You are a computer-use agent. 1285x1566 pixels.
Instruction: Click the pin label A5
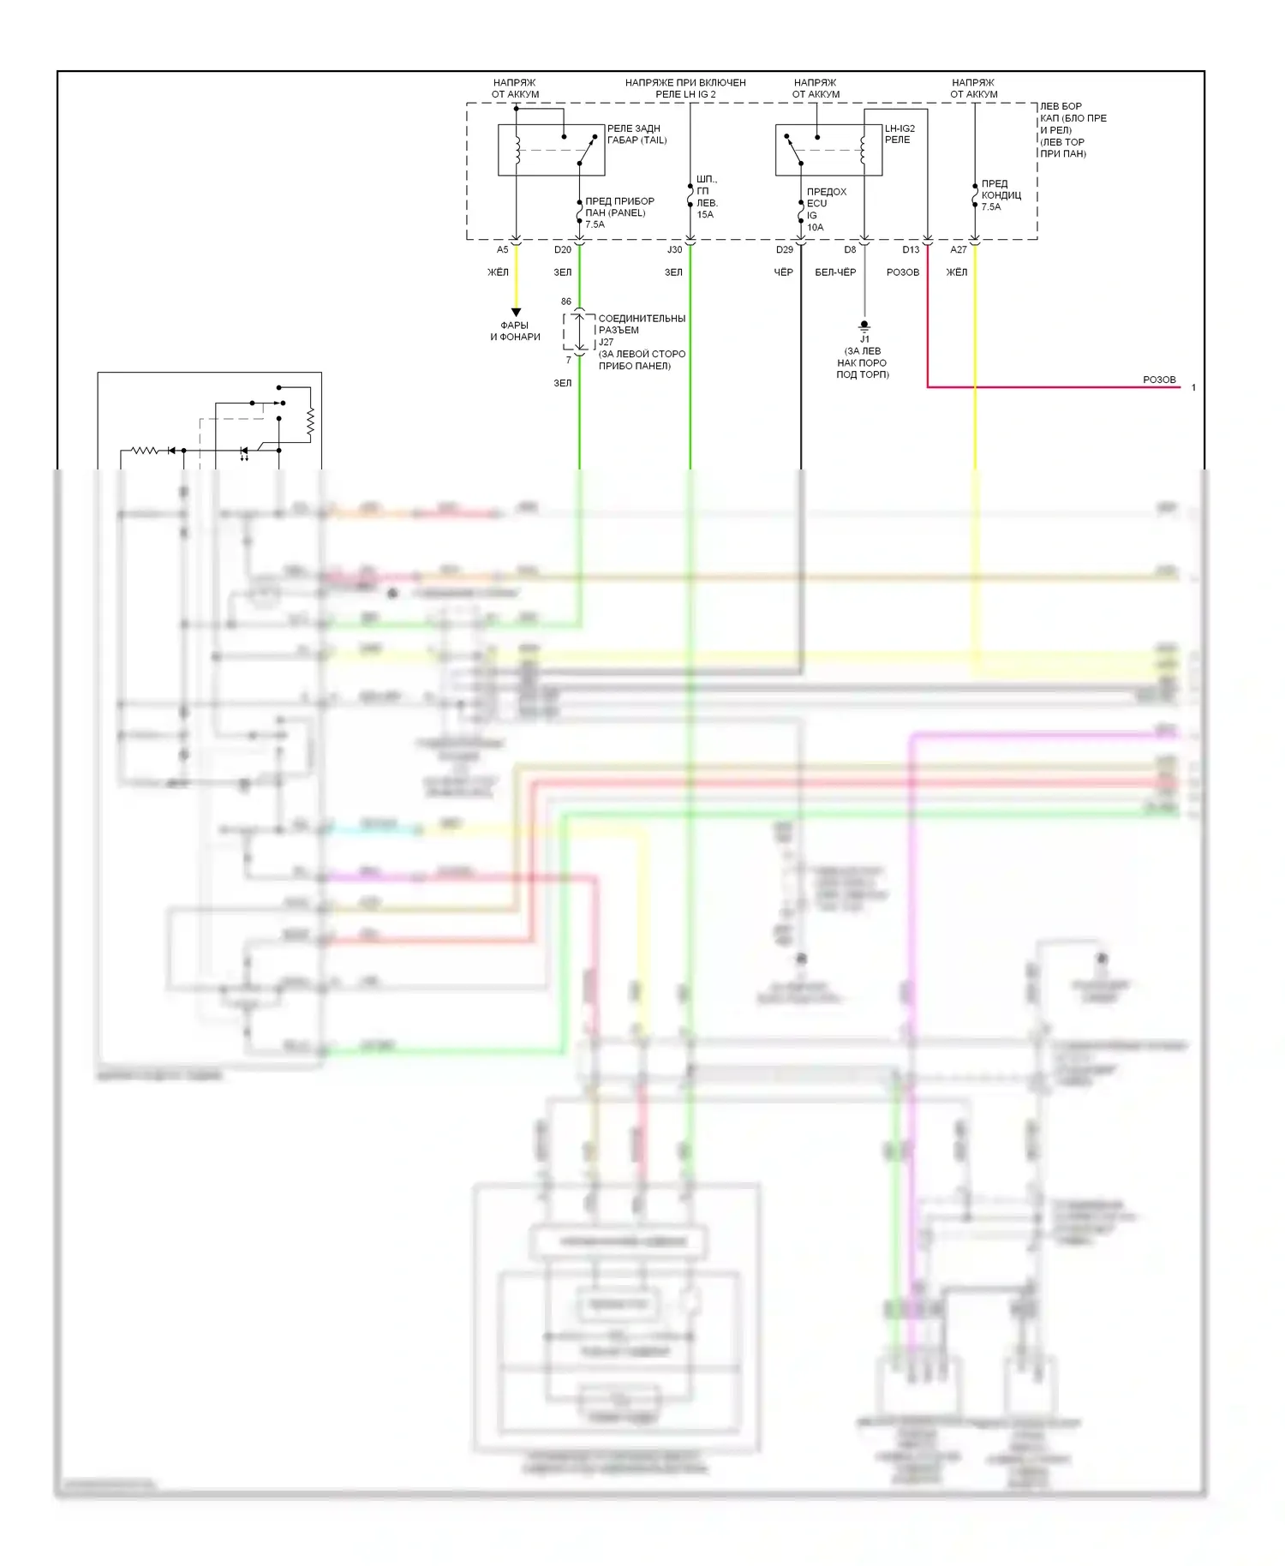pyautogui.click(x=503, y=250)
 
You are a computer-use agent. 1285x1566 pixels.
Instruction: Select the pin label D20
pyautogui.click(x=563, y=250)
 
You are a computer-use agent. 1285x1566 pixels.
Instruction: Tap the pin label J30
pyautogui.click(x=675, y=250)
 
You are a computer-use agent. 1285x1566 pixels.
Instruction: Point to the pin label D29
pyautogui.click(x=785, y=250)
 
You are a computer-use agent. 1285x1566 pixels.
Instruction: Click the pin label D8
pyautogui.click(x=850, y=250)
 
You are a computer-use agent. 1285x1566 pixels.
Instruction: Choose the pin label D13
pyautogui.click(x=911, y=250)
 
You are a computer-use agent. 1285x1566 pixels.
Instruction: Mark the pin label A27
pyautogui.click(x=959, y=250)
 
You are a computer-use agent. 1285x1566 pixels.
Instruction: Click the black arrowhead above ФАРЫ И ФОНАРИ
pyautogui.click(x=516, y=313)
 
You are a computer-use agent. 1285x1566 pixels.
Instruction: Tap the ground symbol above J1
pyautogui.click(x=864, y=326)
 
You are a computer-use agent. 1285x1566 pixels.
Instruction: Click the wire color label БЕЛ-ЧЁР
pyautogui.click(x=835, y=272)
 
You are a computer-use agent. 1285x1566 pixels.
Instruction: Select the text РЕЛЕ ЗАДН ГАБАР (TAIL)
pyautogui.click(x=637, y=134)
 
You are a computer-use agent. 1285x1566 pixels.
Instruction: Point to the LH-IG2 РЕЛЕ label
pyautogui.click(x=899, y=134)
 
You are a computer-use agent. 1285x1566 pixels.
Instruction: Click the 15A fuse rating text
pyautogui.click(x=705, y=215)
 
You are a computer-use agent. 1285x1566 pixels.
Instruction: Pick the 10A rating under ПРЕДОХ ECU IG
pyautogui.click(x=815, y=228)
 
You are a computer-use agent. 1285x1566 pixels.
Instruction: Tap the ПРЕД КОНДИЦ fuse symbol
pyautogui.click(x=975, y=195)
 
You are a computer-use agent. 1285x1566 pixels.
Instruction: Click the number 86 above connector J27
pyautogui.click(x=566, y=302)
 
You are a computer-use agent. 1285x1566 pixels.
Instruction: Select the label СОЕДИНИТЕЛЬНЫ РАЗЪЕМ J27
pyautogui.click(x=642, y=330)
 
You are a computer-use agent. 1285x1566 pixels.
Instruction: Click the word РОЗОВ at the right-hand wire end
pyautogui.click(x=1159, y=380)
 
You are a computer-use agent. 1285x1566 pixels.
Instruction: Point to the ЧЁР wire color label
pyautogui.click(x=784, y=272)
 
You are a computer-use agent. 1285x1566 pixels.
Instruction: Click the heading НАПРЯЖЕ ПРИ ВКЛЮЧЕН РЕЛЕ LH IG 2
pyautogui.click(x=685, y=88)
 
